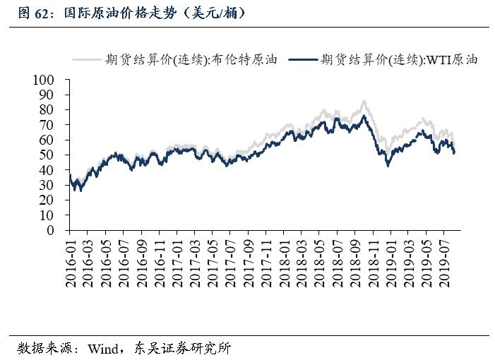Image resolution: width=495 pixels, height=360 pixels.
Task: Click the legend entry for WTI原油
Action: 400,61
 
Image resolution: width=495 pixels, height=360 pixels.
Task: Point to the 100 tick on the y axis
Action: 53,80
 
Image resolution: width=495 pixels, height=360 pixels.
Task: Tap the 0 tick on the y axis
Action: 59,230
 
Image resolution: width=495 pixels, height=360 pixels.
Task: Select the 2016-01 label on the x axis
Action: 71,261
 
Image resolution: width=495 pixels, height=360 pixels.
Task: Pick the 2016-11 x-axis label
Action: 160,261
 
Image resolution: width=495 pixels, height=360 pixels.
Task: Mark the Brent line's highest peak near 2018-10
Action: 364,102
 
